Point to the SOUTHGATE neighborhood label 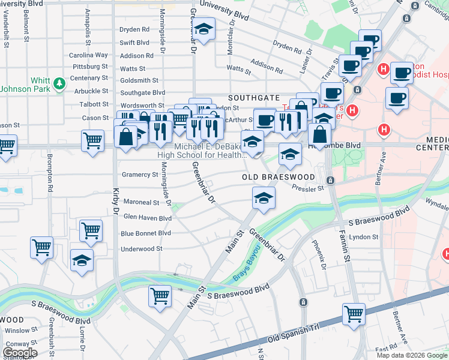click(253, 97)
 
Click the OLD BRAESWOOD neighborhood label click(278, 177)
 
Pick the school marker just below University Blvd click(204, 30)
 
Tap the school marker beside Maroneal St click(264, 198)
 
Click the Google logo click(20, 352)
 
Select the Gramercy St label click(139, 175)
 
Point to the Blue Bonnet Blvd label click(145, 233)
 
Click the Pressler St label click(307, 188)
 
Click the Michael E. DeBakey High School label click(202, 151)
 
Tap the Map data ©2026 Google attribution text click(412, 355)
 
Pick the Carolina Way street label click(88, 55)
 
